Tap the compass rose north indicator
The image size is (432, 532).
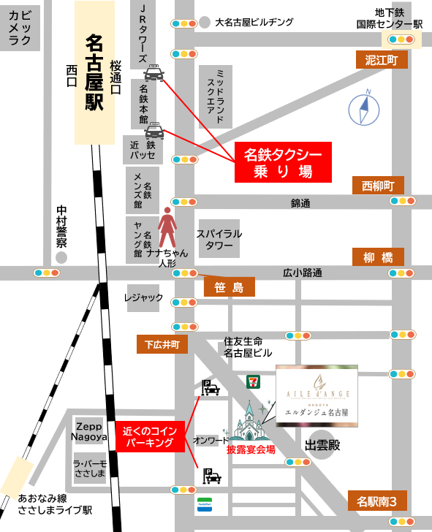point(364,110)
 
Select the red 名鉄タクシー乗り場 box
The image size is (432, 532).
point(283,162)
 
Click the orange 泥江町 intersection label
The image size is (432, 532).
point(381,61)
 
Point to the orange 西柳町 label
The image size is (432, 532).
point(378,186)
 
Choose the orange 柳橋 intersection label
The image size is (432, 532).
point(378,256)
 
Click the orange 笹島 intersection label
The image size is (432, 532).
point(229,287)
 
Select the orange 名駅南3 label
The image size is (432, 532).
point(377,501)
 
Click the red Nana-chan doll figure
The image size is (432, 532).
point(168,227)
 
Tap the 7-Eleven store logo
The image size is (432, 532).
point(251,381)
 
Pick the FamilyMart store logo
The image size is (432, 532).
point(203,504)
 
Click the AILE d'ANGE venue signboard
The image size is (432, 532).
point(317,395)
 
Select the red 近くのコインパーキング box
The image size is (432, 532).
point(149,436)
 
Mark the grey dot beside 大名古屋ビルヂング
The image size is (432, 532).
point(205,23)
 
